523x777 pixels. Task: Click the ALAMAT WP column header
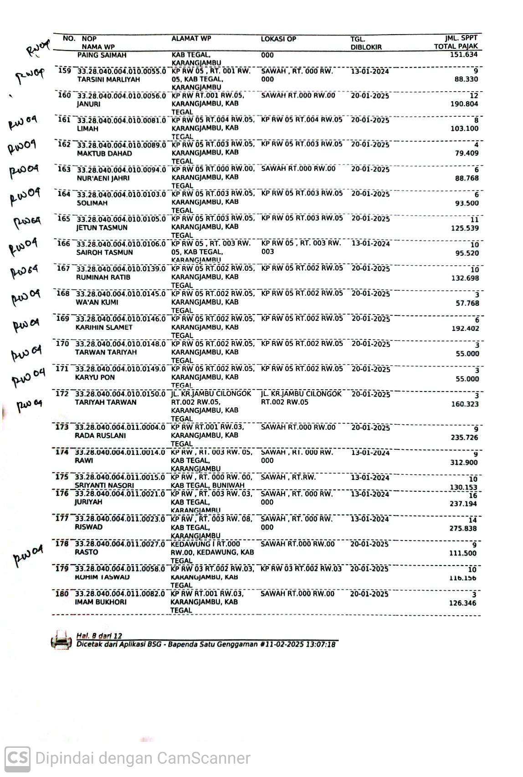pos(191,39)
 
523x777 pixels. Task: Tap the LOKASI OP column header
pos(278,39)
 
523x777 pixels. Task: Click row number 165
pos(64,219)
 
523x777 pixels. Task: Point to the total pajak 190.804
pos(464,104)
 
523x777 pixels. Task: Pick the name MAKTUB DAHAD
pos(104,154)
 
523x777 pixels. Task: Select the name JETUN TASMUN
pos(102,228)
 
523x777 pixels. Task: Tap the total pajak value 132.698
pos(465,278)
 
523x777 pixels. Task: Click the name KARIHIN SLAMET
pos(104,327)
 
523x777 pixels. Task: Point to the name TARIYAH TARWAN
pos(106,402)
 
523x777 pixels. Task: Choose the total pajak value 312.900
pos(464,463)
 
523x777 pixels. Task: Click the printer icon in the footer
pos(62,640)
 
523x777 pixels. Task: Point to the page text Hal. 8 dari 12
pos(99,636)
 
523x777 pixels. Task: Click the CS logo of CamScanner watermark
pos(17,759)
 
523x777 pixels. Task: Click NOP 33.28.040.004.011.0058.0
pos(120,569)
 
